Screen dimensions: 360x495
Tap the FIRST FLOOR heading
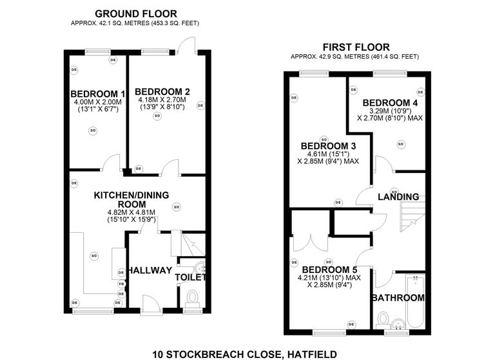pos(356,46)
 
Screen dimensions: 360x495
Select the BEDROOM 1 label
pos(98,93)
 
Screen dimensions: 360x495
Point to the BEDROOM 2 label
pos(162,91)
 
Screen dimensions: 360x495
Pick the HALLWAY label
pos(149,270)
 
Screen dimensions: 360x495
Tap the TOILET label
pos(190,277)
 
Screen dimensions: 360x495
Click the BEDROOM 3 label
pos(328,145)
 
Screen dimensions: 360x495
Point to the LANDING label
pos(398,196)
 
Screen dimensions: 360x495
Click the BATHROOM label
pos(398,297)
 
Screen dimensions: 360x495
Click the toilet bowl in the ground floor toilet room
pos(192,297)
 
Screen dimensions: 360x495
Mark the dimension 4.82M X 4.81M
pos(132,212)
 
